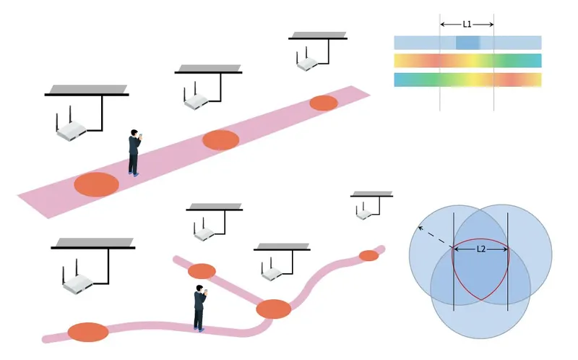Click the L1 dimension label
tap(467, 25)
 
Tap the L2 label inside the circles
tap(481, 249)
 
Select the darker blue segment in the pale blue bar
tap(467, 43)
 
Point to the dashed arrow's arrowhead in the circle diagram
tap(420, 228)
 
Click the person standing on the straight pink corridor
tap(134, 153)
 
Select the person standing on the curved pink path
tap(200, 308)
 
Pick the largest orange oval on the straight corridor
tap(96, 184)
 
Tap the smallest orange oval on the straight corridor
tap(324, 103)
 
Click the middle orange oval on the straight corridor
tap(221, 140)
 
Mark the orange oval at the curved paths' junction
tap(274, 309)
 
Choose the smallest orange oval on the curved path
tap(368, 255)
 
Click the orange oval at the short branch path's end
tap(202, 272)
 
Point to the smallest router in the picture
tap(364, 212)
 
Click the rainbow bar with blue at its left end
tap(467, 80)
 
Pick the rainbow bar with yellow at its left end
tap(467, 61)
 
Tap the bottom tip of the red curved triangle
tap(481, 300)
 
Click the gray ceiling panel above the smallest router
tap(371, 194)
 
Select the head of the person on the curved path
tap(199, 288)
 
